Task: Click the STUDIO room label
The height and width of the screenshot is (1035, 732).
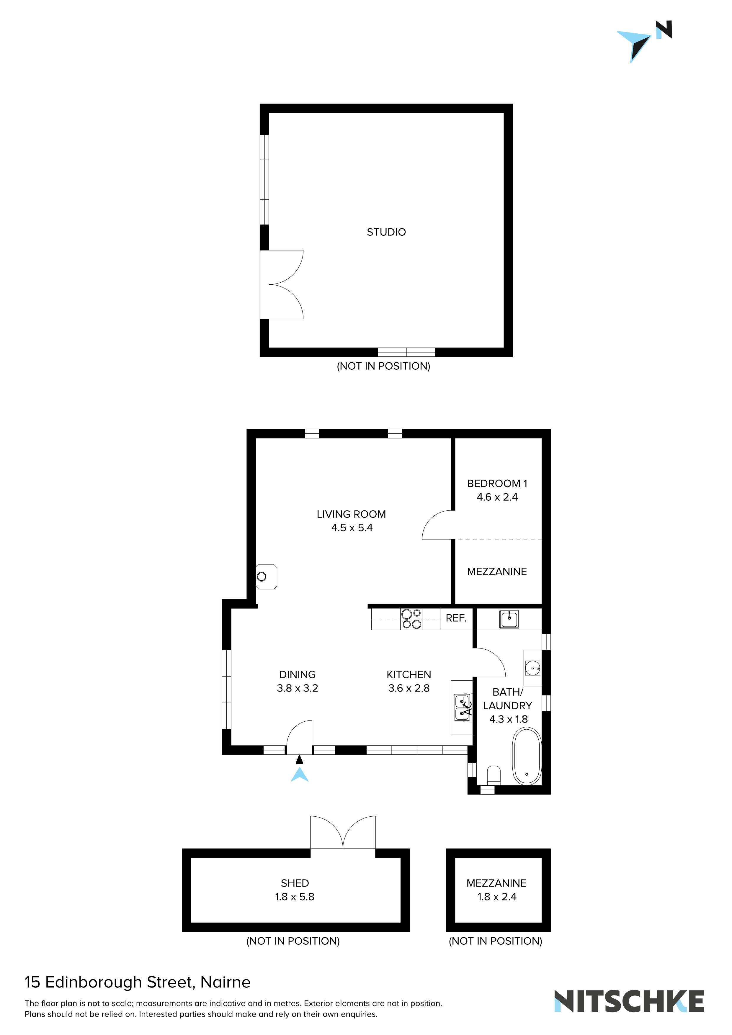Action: pyautogui.click(x=386, y=232)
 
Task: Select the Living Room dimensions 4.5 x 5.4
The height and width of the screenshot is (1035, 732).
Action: pyautogui.click(x=352, y=528)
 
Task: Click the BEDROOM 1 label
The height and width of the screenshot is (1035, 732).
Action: pyautogui.click(x=496, y=484)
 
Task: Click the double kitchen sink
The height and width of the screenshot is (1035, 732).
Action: pyautogui.click(x=462, y=708)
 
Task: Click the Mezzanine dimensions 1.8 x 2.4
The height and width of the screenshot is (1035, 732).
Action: pyautogui.click(x=496, y=897)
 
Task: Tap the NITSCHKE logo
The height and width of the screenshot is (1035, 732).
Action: pyautogui.click(x=629, y=1002)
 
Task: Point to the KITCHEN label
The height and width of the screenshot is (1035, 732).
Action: pyautogui.click(x=409, y=675)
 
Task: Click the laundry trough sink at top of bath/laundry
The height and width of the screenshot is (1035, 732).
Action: pyautogui.click(x=509, y=619)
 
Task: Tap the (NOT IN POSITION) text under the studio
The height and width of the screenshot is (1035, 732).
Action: pyautogui.click(x=383, y=366)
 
